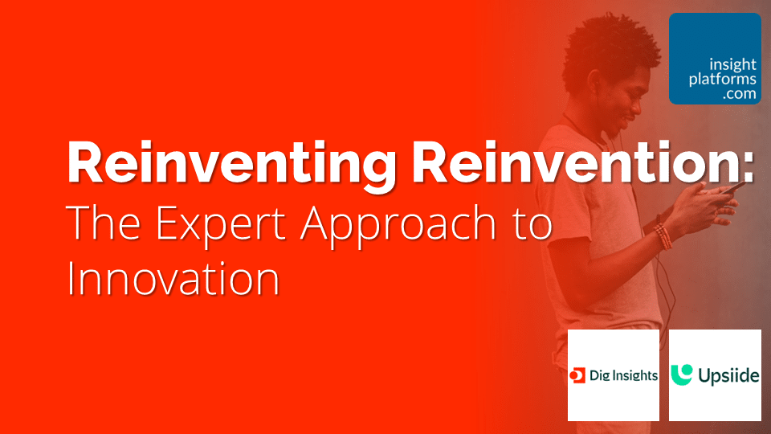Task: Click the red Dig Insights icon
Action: [x=577, y=375]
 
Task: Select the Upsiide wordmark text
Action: [x=726, y=375]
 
